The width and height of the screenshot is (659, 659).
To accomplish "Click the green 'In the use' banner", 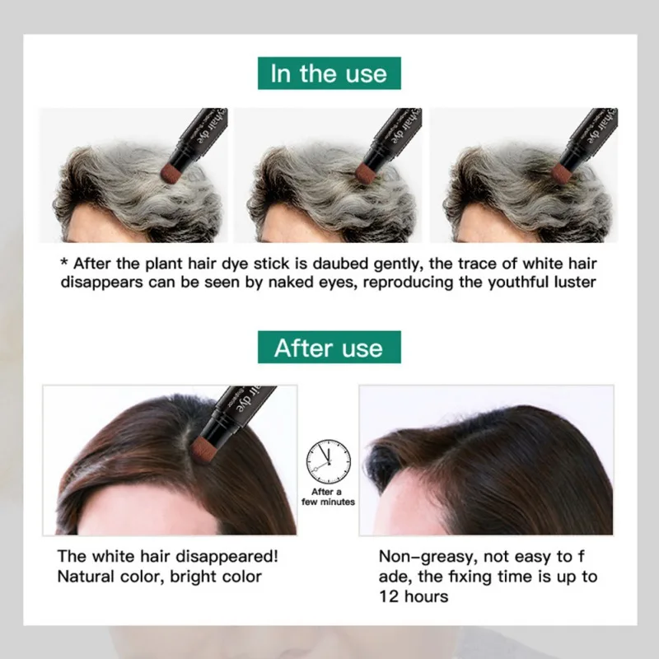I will pyautogui.click(x=329, y=74).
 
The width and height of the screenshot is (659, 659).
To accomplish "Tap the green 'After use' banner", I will pyautogui.click(x=329, y=348).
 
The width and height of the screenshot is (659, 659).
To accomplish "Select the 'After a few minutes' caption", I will pyautogui.click(x=328, y=497).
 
